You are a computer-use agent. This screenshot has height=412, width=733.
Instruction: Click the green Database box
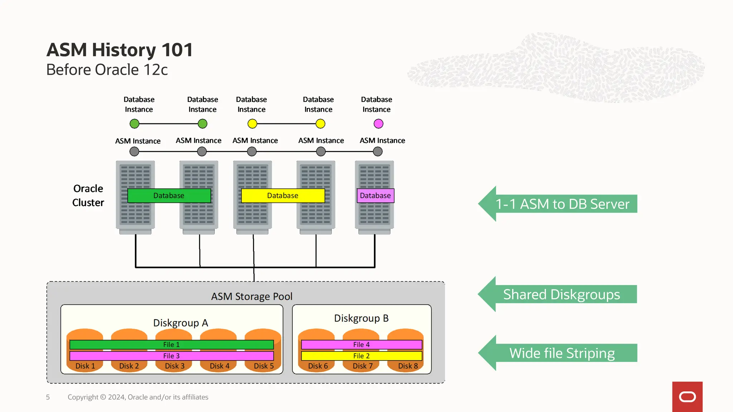click(169, 196)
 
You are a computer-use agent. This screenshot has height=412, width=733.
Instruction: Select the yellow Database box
click(283, 196)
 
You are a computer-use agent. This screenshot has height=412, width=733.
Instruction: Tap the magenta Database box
click(375, 196)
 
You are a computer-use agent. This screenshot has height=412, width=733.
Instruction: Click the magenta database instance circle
click(378, 124)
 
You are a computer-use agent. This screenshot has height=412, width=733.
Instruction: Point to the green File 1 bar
click(171, 345)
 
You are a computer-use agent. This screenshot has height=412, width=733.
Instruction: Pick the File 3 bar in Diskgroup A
click(171, 356)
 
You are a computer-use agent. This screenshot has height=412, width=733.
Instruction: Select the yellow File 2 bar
click(361, 356)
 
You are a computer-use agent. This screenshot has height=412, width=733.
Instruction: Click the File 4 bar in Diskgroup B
click(361, 345)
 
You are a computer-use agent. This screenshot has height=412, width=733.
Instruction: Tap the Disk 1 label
click(85, 366)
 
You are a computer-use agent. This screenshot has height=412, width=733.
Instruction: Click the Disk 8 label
click(408, 366)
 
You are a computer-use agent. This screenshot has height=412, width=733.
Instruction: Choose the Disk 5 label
click(264, 366)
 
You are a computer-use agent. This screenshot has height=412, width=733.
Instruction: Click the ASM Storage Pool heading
click(252, 296)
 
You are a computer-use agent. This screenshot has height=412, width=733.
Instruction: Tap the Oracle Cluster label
click(88, 196)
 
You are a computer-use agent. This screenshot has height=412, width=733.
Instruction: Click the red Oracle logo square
click(687, 397)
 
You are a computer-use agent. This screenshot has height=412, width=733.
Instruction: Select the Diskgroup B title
click(361, 318)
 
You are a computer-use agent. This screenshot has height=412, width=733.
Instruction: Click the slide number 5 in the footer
click(48, 397)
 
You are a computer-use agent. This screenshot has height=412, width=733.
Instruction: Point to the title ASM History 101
click(120, 50)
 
